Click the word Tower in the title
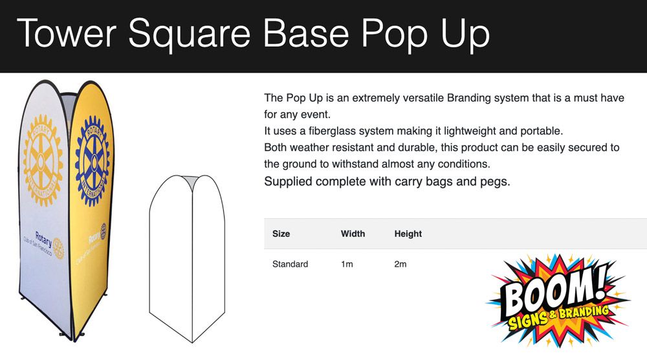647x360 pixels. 67,33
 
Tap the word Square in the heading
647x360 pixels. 190,36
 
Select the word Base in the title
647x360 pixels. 306,33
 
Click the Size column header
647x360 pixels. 281,234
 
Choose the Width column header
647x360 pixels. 353,234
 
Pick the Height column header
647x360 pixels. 408,234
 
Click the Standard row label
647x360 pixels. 290,264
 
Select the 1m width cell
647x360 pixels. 347,264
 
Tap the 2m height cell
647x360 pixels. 400,264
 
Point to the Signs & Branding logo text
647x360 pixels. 558,318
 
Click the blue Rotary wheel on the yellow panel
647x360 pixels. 93,161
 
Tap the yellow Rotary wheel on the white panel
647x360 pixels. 43,160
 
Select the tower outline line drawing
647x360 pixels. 188,259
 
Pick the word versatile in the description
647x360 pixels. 423,98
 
